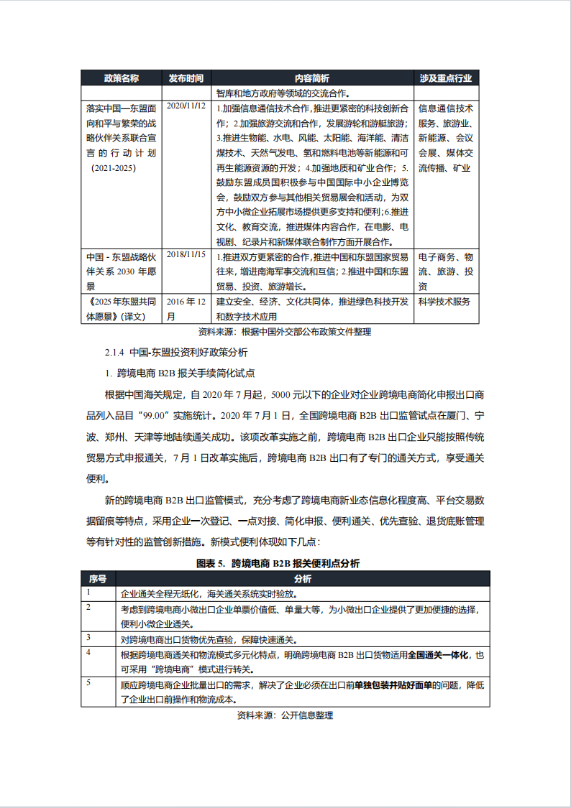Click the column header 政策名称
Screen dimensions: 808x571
pyautogui.click(x=122, y=78)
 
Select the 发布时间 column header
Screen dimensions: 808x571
pyautogui.click(x=186, y=78)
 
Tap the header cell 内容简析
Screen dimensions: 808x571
pyautogui.click(x=312, y=78)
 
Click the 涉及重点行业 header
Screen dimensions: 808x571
pyautogui.click(x=446, y=78)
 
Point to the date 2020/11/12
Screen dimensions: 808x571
pyautogui.click(x=186, y=106)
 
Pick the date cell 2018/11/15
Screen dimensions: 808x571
pyautogui.click(x=186, y=254)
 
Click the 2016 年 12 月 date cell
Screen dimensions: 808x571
pyautogui.click(x=186, y=308)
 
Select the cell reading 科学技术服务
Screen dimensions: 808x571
pyautogui.click(x=444, y=301)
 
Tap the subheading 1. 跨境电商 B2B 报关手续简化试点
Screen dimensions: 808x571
pyautogui.click(x=180, y=373)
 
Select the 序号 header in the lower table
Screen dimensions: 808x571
pyautogui.click(x=98, y=579)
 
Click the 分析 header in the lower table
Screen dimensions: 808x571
pyautogui.click(x=302, y=579)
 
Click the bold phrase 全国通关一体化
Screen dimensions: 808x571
pyautogui.click(x=438, y=655)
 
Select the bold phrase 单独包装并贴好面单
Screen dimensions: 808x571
pyautogui.click(x=393, y=686)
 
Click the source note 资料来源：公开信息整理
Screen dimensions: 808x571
pyautogui.click(x=285, y=715)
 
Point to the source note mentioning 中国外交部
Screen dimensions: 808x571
pyautogui.click(x=284, y=332)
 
